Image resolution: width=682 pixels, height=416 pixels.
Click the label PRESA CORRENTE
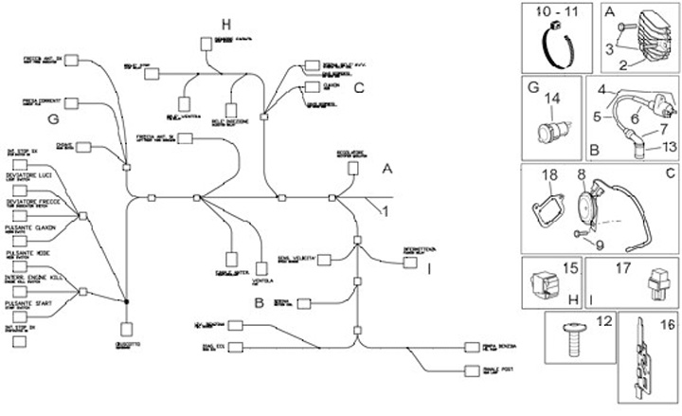coord(42,98)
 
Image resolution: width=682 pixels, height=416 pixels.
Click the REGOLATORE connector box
coord(352,168)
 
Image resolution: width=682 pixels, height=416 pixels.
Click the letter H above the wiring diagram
coord(225,24)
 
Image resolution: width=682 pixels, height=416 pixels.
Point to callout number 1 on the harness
coord(385,211)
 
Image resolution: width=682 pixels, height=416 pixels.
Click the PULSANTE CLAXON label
coord(30,228)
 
